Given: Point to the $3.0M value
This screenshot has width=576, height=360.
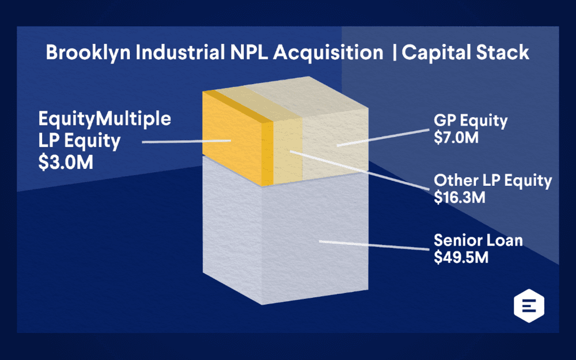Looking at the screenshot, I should (65, 162).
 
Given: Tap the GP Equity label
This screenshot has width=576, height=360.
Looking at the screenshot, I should (471, 122).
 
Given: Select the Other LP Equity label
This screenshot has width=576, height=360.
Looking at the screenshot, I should (492, 181).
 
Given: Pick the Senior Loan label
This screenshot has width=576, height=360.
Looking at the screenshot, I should (478, 240).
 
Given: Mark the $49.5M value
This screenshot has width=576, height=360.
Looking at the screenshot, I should (461, 257).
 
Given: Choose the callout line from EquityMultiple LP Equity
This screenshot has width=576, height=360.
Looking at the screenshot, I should (184, 141).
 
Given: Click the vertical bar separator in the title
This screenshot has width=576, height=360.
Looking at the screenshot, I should (394, 53).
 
